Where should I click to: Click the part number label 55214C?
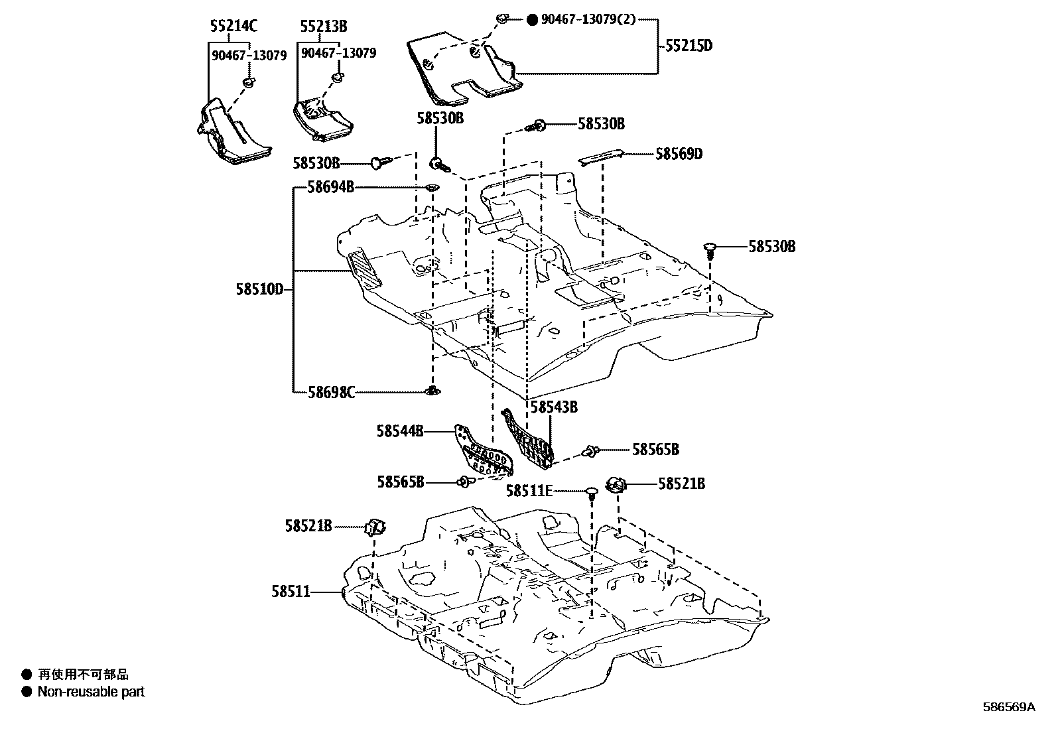tap(233, 26)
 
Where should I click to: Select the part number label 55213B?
tap(323, 26)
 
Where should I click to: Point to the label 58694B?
tap(330, 188)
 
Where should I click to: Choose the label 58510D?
tap(259, 289)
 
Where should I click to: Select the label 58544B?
tap(400, 431)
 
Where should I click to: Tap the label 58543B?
tap(554, 407)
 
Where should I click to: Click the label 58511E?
tap(529, 491)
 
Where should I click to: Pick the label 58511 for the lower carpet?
tap(291, 590)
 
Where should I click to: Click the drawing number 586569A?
tap(1008, 707)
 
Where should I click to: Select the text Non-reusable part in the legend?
tap(91, 692)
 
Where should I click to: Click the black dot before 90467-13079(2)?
tap(532, 20)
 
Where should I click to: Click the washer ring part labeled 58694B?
tap(432, 188)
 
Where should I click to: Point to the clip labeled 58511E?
tap(592, 492)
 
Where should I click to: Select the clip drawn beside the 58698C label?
tap(432, 391)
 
